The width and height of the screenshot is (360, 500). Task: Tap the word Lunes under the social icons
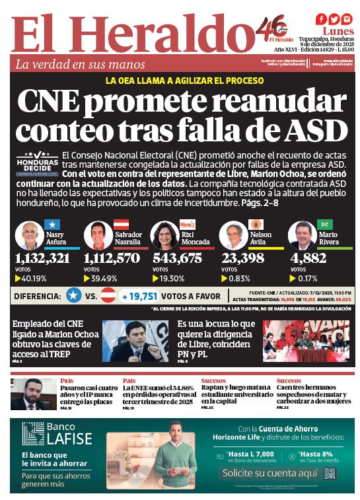(337, 32)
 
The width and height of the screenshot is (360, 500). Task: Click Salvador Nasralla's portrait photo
(98, 235)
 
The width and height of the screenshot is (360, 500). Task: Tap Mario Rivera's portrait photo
(302, 235)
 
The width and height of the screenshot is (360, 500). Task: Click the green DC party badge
(324, 225)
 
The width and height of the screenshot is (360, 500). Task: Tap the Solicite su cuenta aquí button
(265, 474)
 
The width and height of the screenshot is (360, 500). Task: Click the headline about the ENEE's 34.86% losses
(158, 394)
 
